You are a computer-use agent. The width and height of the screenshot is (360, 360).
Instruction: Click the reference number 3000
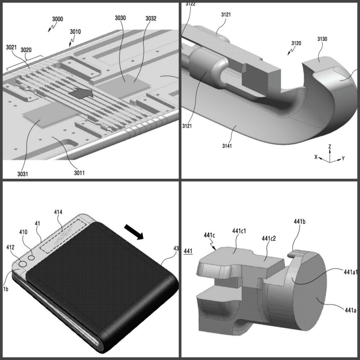pyautogui.click(x=57, y=19)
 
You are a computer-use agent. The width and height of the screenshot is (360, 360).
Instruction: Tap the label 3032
pyautogui.click(x=151, y=18)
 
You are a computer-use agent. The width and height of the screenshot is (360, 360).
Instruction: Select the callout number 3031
pyautogui.click(x=23, y=174)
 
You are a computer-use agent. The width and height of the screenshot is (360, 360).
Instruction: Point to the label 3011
pyautogui.click(x=79, y=173)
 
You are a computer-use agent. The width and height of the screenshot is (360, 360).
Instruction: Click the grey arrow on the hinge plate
pyautogui.click(x=81, y=93)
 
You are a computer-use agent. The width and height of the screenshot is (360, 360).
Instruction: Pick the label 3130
pyautogui.click(x=322, y=39)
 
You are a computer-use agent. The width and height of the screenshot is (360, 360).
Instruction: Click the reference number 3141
pyautogui.click(x=227, y=146)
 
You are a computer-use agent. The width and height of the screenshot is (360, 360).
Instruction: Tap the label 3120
pyautogui.click(x=296, y=43)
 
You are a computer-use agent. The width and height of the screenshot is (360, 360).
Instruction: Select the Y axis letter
pyautogui.click(x=343, y=159)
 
